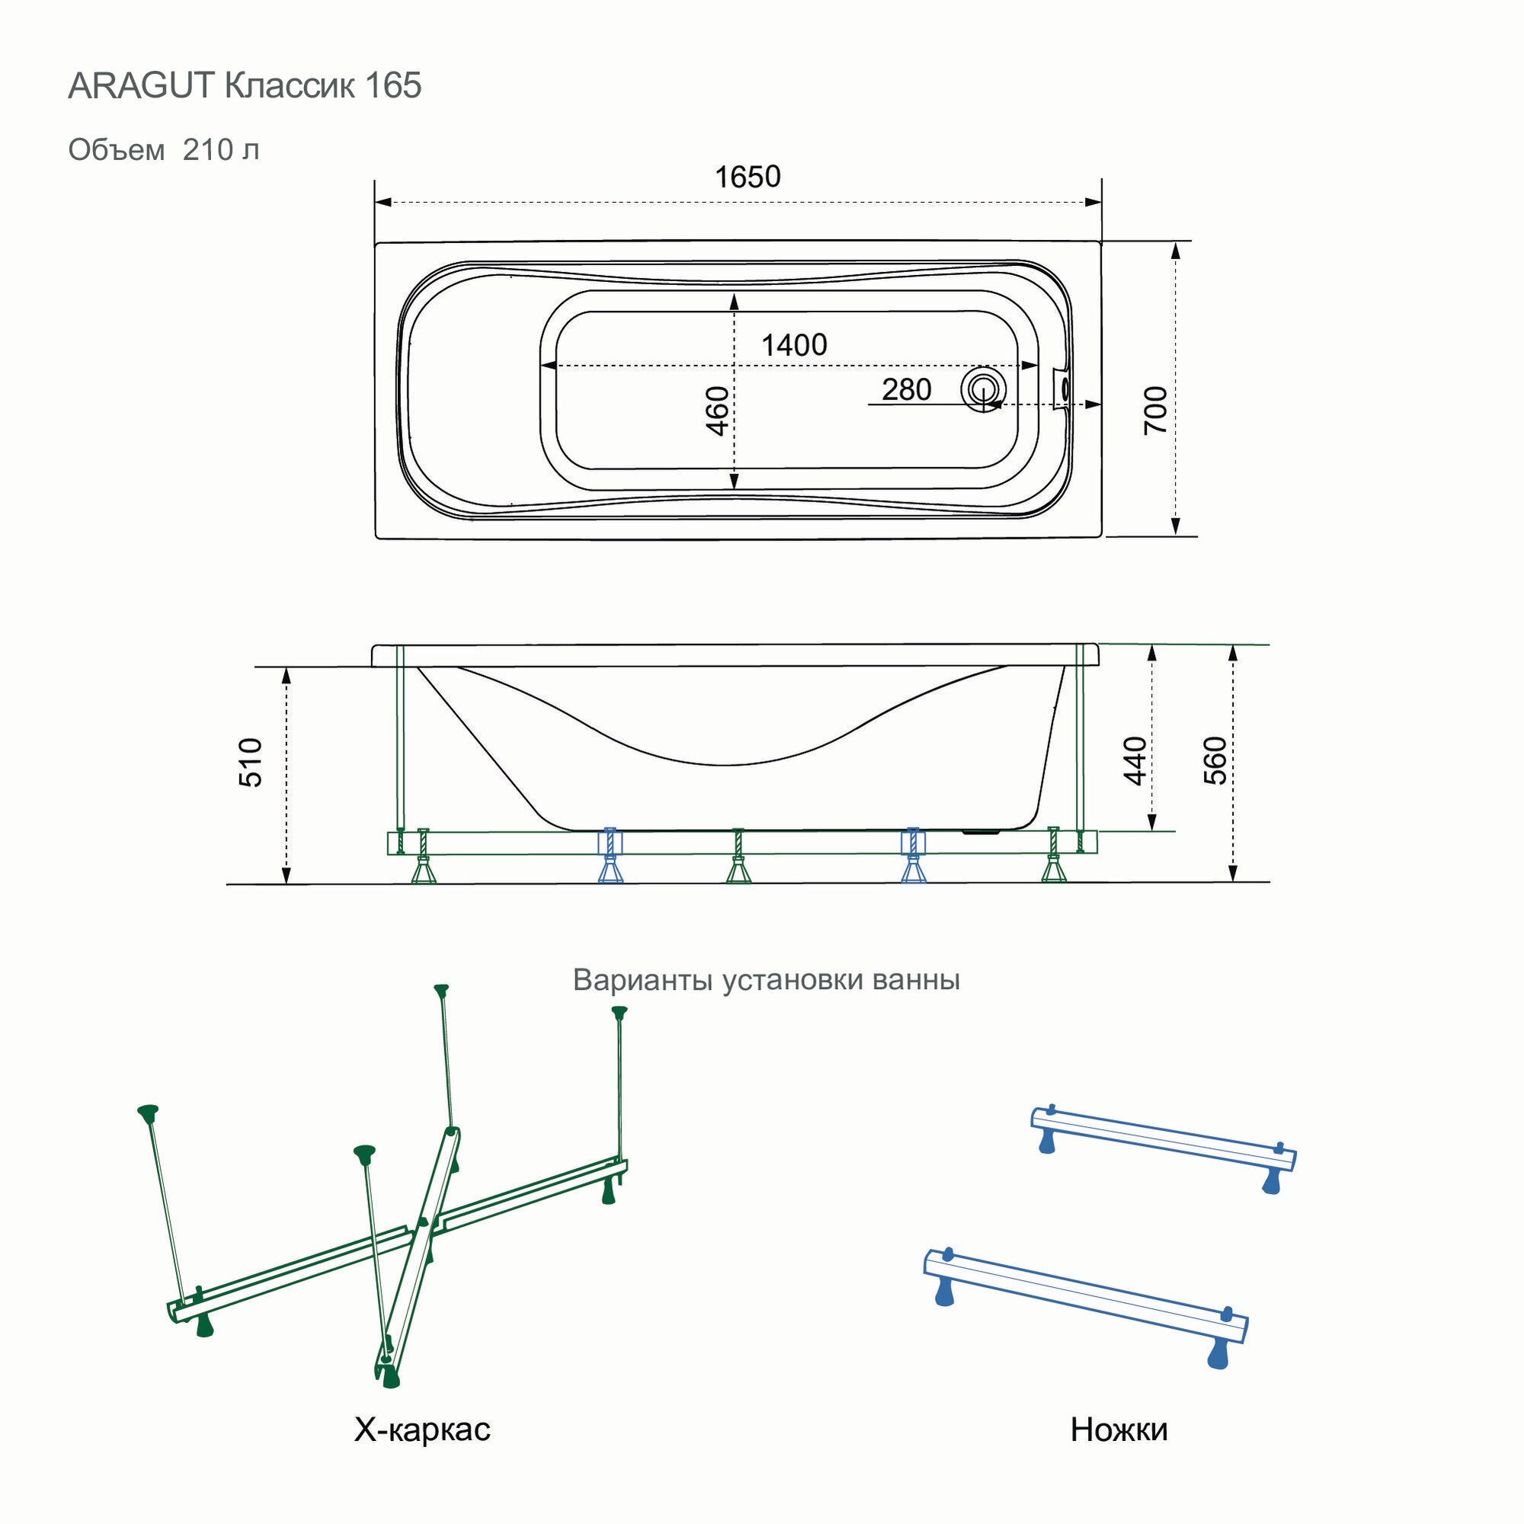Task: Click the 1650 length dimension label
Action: (747, 177)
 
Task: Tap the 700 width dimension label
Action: (1156, 409)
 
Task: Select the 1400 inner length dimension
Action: (793, 344)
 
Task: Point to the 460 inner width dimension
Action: (717, 410)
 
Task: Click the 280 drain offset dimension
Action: (906, 389)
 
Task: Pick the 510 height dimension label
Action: (251, 763)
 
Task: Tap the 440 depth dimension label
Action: (1135, 760)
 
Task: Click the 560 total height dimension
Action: (1215, 760)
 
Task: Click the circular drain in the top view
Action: (982, 389)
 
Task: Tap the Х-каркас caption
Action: (422, 1430)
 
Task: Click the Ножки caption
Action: (1119, 1430)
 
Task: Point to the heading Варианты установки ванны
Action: (766, 979)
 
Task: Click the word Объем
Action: (117, 149)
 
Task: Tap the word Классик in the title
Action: (290, 85)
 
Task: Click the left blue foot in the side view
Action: (610, 869)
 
